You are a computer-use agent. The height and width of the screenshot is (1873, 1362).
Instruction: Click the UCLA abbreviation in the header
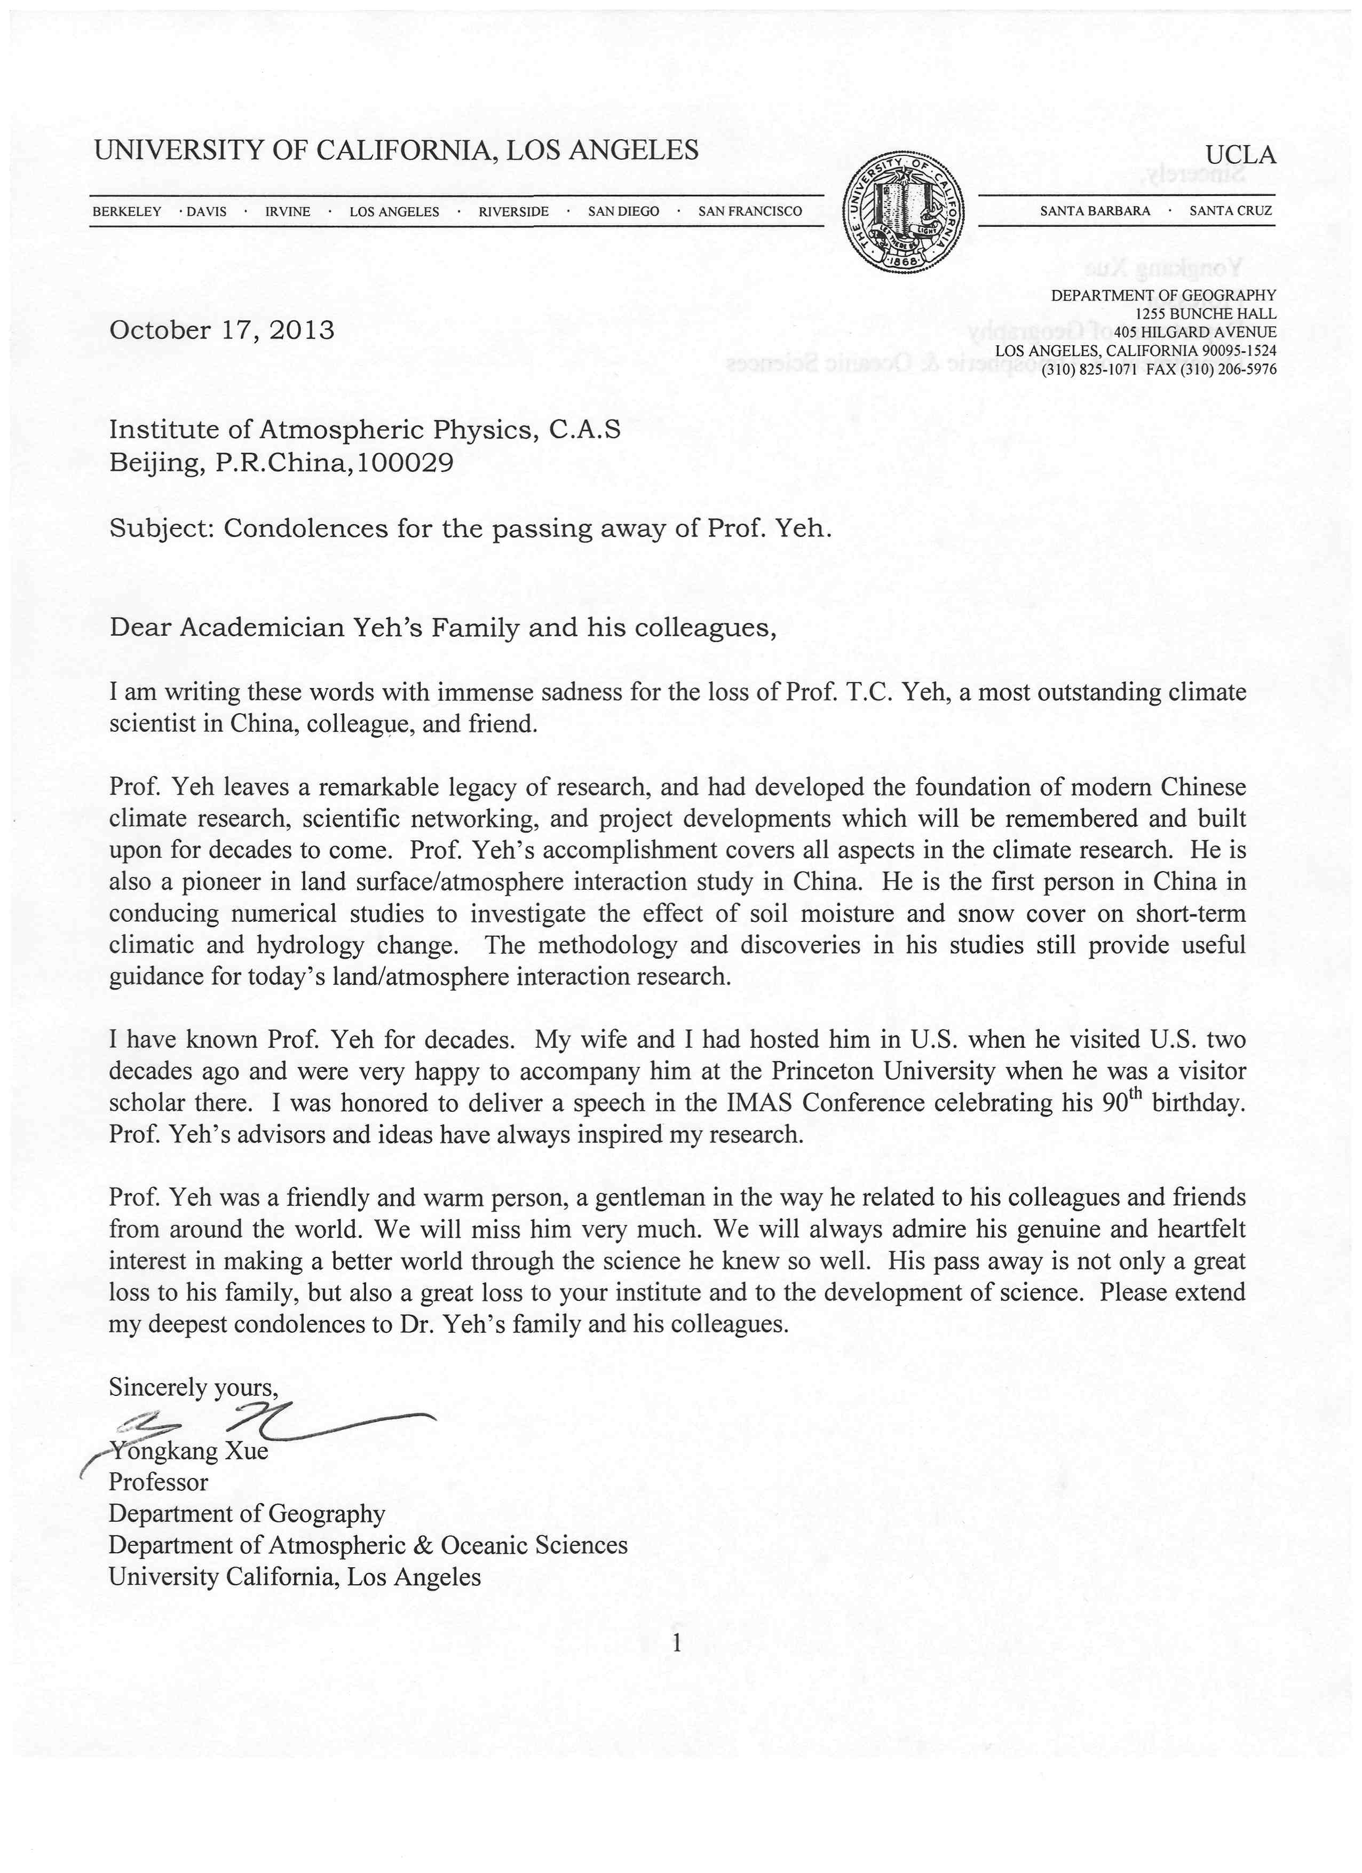point(1240,154)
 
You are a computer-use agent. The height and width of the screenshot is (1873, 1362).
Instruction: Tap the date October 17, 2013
point(222,330)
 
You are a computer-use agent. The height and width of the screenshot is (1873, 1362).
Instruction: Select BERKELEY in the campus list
point(126,211)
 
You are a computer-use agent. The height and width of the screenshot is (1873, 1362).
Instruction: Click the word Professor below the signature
point(159,1482)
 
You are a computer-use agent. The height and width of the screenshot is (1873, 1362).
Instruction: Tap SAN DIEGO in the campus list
point(623,211)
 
